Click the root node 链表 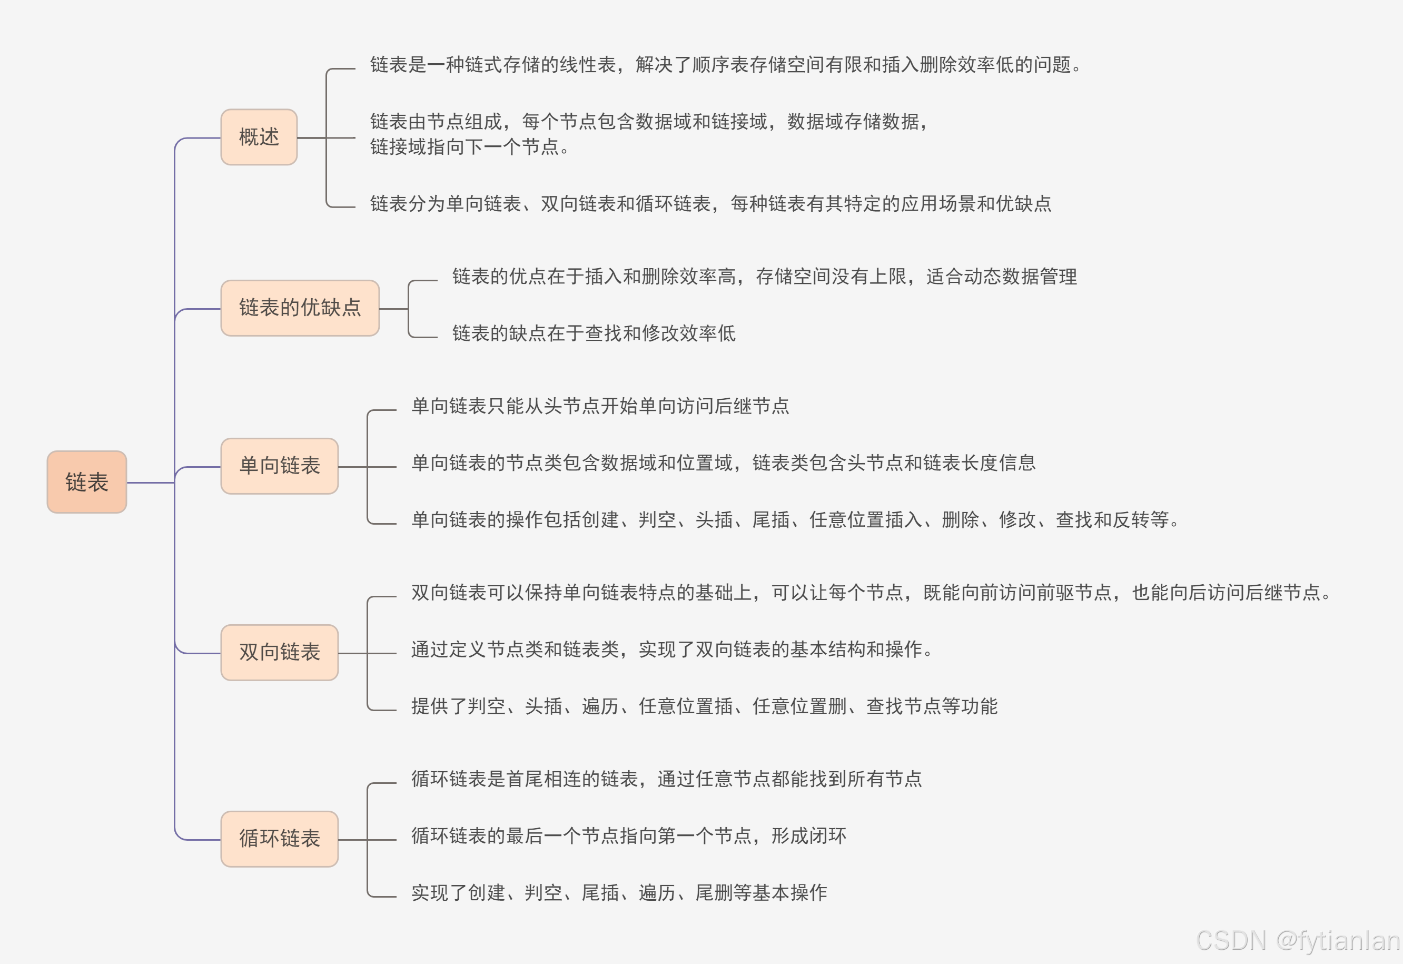[87, 482]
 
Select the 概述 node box [259, 137]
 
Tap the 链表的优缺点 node [300, 308]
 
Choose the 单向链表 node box [280, 466]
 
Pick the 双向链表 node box [280, 652]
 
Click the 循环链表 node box [280, 839]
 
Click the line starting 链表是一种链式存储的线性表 [725, 65]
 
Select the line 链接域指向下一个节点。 [470, 147]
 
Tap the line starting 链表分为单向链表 [710, 203]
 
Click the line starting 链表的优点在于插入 [764, 277]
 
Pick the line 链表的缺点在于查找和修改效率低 [594, 333]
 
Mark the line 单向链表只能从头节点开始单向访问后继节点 [600, 406]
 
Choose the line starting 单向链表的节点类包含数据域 [723, 463]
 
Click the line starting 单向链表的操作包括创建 [795, 519]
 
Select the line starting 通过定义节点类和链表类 [671, 650]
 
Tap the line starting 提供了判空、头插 [704, 706]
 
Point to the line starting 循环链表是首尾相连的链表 [667, 779]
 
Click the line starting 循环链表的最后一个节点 [628, 836]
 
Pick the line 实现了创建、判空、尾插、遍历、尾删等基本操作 [619, 893]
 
